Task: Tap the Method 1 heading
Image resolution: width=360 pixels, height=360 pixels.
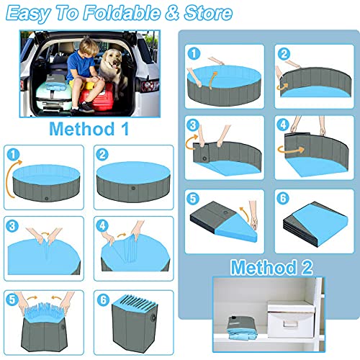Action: [90, 129]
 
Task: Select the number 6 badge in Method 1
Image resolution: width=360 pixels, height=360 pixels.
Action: [104, 297]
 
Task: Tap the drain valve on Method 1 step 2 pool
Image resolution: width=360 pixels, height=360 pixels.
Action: [132, 190]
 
